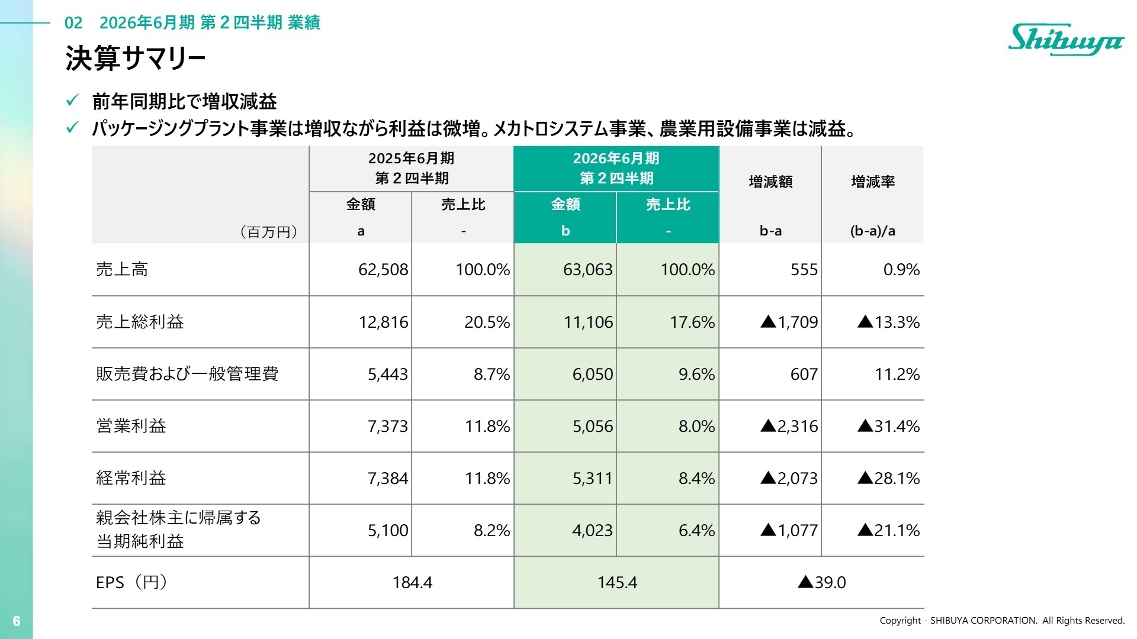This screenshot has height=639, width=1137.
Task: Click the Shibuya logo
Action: click(x=1066, y=39)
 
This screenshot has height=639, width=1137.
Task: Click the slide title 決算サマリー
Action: click(x=136, y=59)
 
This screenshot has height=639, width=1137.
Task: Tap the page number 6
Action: click(x=17, y=621)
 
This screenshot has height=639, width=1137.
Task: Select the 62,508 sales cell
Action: click(x=383, y=270)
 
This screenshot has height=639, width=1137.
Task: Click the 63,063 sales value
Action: click(x=587, y=270)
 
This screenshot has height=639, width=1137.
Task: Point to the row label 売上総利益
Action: click(x=140, y=322)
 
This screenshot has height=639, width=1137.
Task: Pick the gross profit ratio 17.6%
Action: click(x=692, y=322)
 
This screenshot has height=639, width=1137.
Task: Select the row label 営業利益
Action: click(x=131, y=426)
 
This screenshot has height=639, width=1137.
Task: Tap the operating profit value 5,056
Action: click(x=592, y=426)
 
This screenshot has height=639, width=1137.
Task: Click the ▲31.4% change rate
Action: click(x=888, y=426)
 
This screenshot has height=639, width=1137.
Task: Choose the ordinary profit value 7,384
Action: click(x=388, y=478)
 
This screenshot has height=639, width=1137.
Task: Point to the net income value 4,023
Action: click(x=592, y=530)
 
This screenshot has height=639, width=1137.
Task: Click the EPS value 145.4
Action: click(x=617, y=582)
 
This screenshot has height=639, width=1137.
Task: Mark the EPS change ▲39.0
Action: click(x=821, y=582)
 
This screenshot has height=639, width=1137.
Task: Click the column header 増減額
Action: click(x=770, y=182)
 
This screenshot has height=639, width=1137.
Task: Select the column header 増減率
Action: click(x=873, y=182)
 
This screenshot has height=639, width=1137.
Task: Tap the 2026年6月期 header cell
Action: click(x=616, y=168)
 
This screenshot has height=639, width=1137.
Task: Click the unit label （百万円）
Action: click(x=269, y=231)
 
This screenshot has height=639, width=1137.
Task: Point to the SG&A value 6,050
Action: click(x=592, y=374)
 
